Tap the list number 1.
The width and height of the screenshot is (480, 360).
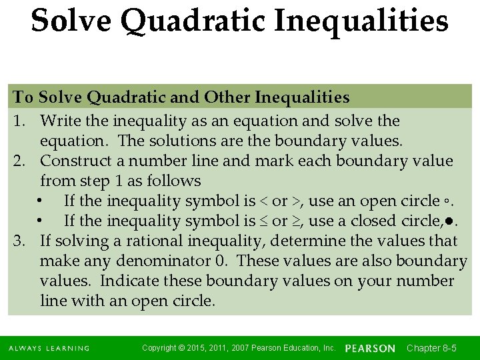click(x=18, y=121)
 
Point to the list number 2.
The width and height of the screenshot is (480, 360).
click(x=18, y=161)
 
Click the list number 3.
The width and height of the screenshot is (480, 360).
click(x=18, y=241)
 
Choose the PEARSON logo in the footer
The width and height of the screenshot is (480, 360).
click(x=370, y=348)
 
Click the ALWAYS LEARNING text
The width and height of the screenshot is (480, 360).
click(x=49, y=349)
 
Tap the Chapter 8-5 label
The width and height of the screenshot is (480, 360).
click(x=431, y=348)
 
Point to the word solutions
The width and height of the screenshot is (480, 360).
click(x=189, y=141)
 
